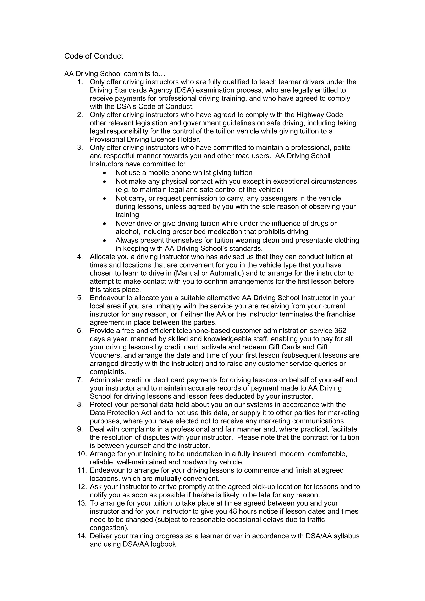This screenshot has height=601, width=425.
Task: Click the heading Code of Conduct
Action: click(93, 56)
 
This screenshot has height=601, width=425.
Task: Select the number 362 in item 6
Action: click(340, 331)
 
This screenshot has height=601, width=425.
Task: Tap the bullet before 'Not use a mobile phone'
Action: click(105, 173)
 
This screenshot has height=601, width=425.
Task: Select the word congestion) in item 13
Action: click(109, 528)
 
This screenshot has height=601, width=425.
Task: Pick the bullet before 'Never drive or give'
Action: click(105, 224)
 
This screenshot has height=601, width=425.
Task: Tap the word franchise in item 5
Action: click(342, 314)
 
